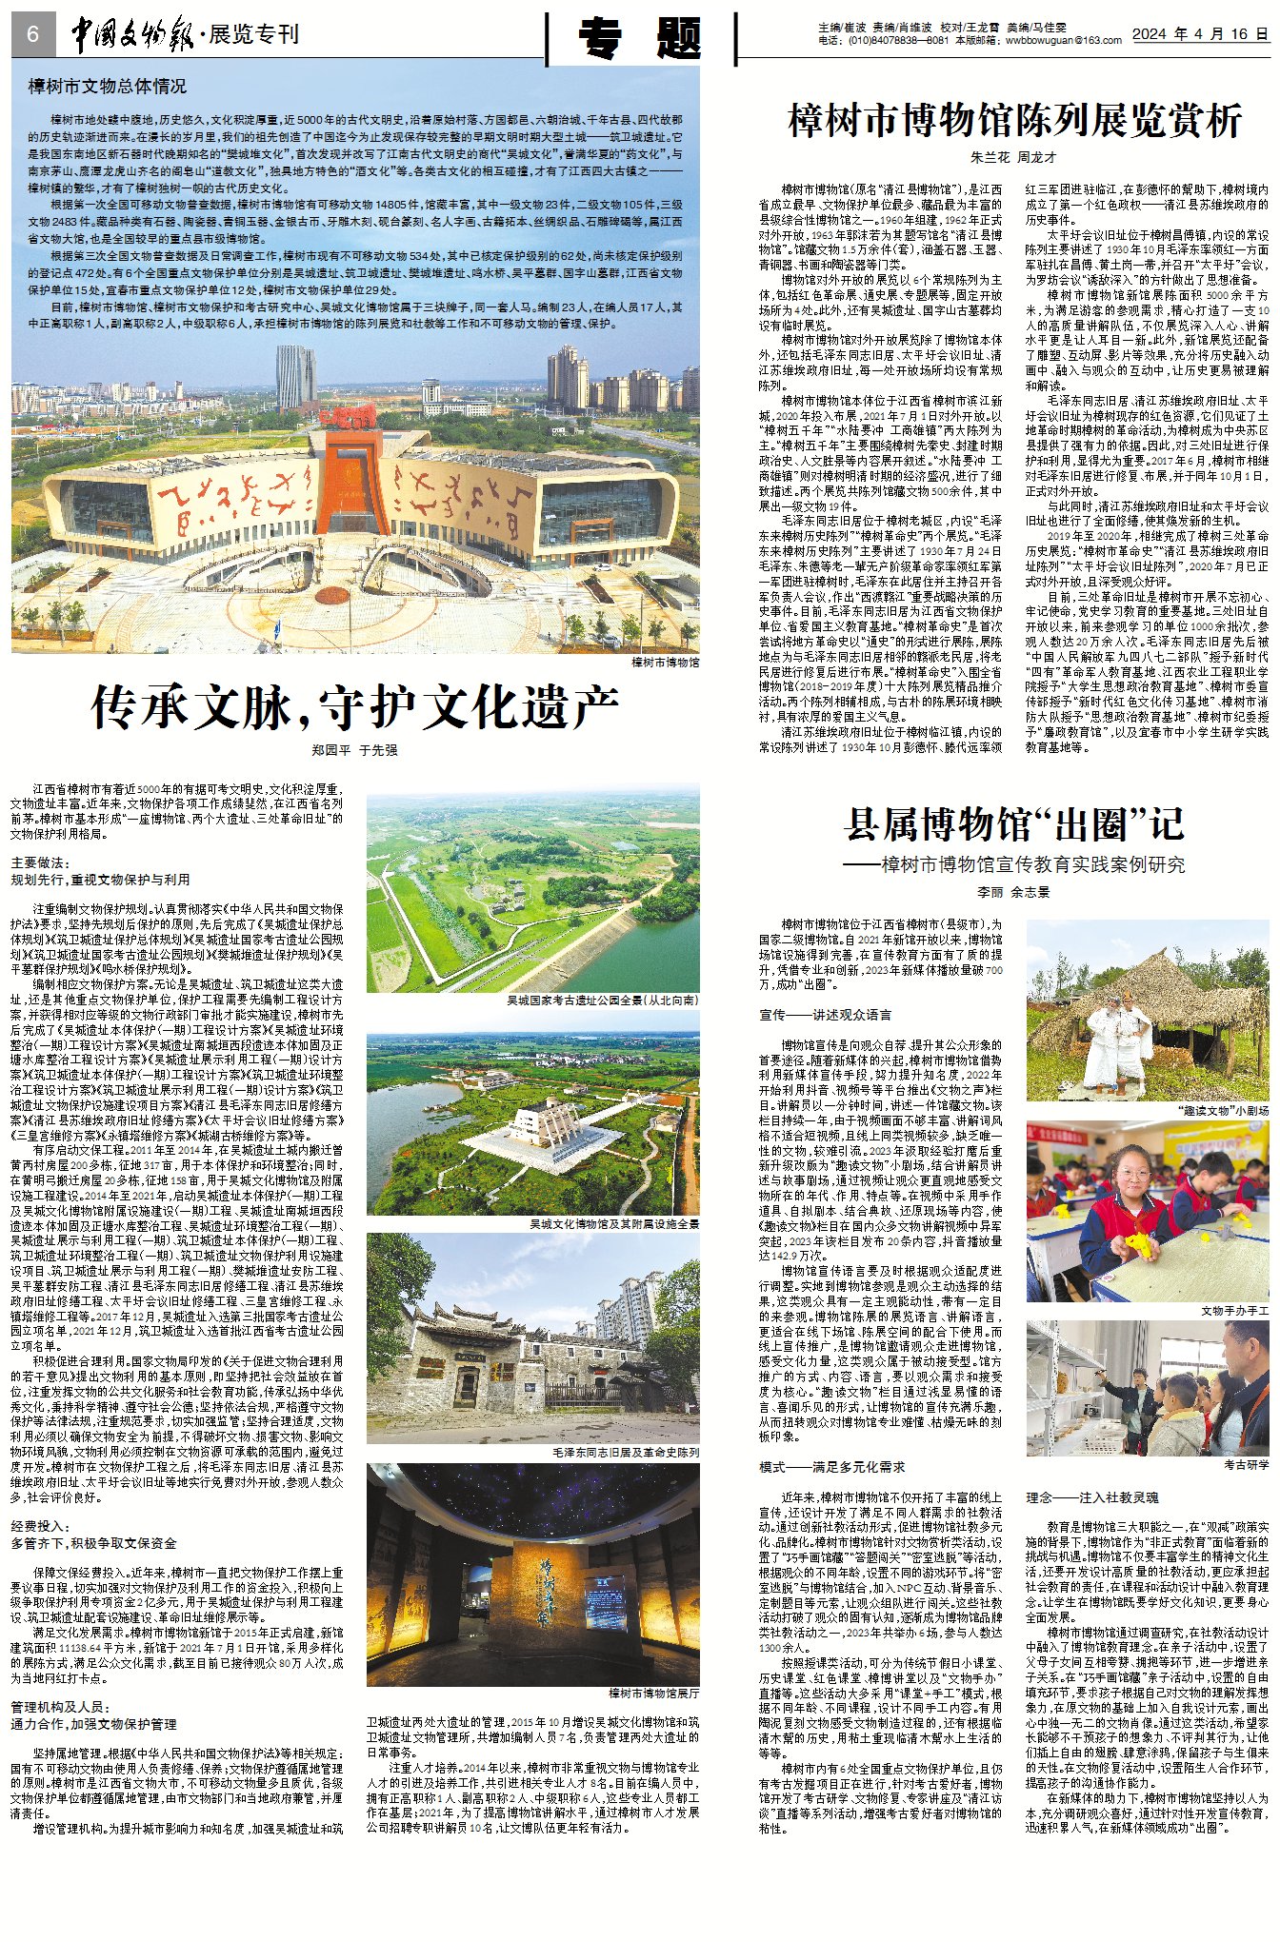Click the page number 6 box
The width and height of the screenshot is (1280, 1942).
(x=33, y=35)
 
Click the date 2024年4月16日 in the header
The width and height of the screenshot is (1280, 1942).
(x=1200, y=33)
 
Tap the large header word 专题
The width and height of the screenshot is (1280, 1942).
(x=640, y=39)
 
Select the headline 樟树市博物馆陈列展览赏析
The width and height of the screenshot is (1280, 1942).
(x=1014, y=121)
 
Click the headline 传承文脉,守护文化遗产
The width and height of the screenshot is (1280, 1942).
(x=354, y=707)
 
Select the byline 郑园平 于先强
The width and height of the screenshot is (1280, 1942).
(x=354, y=750)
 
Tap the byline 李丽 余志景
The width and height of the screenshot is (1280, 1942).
(x=1013, y=892)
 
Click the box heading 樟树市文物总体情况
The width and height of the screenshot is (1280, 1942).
(x=107, y=87)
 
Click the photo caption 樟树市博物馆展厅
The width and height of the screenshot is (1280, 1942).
(x=653, y=1694)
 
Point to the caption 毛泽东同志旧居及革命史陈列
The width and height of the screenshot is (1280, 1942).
(x=626, y=1453)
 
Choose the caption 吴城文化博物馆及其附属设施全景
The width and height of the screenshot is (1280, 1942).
(x=614, y=1223)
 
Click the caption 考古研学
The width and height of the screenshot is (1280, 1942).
(x=1246, y=1464)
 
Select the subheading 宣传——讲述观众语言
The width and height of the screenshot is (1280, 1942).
(x=825, y=1015)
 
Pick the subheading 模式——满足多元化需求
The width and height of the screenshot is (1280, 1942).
(x=831, y=1467)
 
